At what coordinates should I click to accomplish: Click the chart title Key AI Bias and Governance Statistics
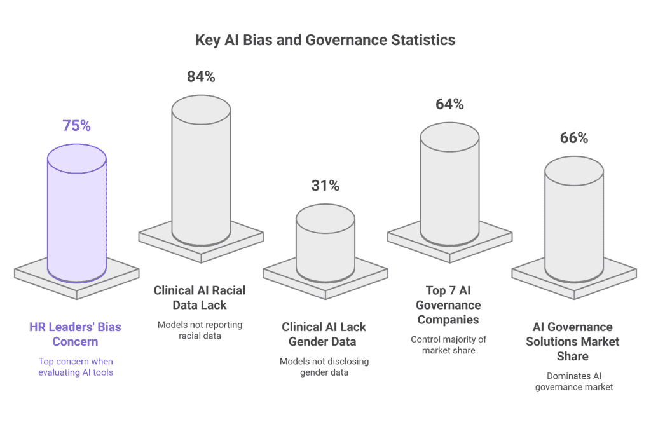[x=325, y=40]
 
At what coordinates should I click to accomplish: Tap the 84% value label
[x=201, y=77]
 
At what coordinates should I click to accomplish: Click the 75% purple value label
[x=77, y=125]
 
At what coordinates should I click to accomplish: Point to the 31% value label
[x=325, y=186]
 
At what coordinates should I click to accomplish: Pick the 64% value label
[x=449, y=104]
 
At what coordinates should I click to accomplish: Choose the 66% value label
[x=574, y=138]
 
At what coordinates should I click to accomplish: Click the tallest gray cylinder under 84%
[x=201, y=172]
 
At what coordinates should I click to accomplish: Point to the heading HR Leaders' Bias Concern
[x=75, y=334]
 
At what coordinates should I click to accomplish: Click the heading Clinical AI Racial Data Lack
[x=200, y=297]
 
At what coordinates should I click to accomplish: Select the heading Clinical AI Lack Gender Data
[x=324, y=334]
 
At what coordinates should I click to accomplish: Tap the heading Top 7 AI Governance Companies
[x=449, y=304]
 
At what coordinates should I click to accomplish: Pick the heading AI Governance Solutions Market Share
[x=573, y=341]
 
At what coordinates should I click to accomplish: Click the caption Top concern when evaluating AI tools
[x=75, y=366]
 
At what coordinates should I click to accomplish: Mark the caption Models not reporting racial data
[x=200, y=330]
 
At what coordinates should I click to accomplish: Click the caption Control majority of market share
[x=449, y=344]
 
